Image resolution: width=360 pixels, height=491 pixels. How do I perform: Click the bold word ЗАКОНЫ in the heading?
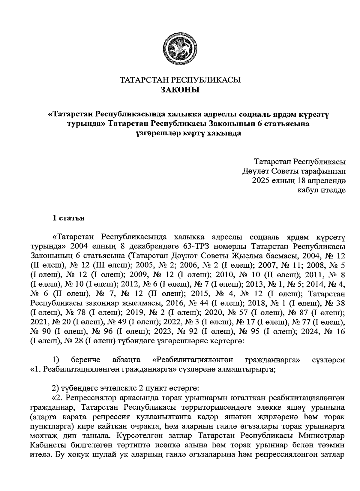point(180,90)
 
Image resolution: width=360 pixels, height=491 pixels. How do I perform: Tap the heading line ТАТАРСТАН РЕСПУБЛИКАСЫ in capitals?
point(180,80)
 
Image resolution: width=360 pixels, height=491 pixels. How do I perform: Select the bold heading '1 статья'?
point(68,218)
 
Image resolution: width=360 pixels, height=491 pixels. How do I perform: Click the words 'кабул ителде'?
point(321,190)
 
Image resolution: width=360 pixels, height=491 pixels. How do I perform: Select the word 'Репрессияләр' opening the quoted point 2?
point(89,398)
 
